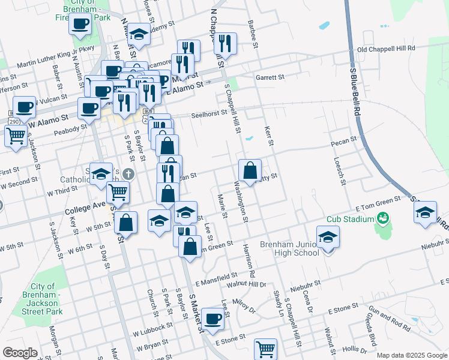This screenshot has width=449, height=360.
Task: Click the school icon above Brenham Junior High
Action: pos(328,237)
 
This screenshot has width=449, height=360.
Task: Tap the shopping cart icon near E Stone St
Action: pos(265,348)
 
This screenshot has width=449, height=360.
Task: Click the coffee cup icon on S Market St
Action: pos(212,319)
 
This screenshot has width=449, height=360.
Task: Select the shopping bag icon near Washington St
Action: pos(250,170)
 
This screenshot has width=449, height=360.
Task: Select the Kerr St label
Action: pos(269,136)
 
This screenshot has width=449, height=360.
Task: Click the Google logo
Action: pos(20,352)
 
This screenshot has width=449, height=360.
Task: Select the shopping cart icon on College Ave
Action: pos(118,192)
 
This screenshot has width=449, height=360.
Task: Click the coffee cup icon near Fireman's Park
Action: pos(80,25)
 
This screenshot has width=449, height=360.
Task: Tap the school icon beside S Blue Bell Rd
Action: pos(426,213)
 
